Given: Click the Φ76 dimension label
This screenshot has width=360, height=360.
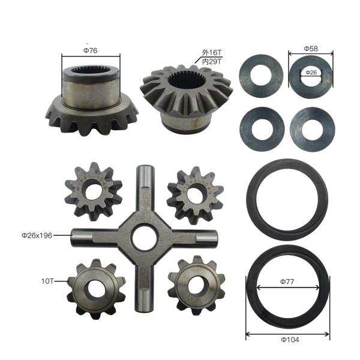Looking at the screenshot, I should click(x=91, y=51).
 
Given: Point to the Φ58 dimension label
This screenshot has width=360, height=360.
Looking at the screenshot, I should click(x=310, y=48).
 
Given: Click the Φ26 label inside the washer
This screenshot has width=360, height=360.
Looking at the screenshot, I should click(x=310, y=73).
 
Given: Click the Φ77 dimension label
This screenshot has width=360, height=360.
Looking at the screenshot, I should click(x=287, y=280).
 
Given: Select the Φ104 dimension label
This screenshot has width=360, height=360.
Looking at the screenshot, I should click(x=287, y=339).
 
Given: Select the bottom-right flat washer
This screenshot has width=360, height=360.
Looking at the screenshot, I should click(x=310, y=128).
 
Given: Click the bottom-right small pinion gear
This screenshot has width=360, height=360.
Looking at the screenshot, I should click(x=191, y=284).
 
